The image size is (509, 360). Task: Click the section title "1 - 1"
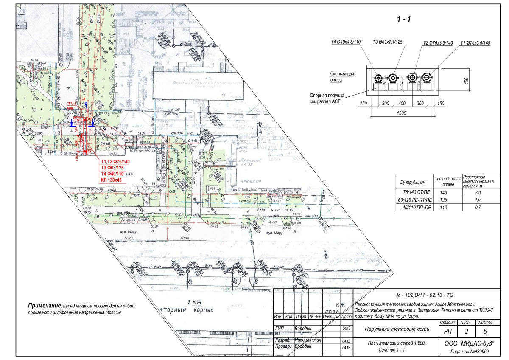(x=404, y=19)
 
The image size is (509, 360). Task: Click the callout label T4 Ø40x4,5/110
(x=346, y=42)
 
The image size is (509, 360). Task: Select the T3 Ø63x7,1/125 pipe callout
(x=387, y=42)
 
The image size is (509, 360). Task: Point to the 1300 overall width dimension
(x=402, y=113)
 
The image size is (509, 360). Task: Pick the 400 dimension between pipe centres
(x=402, y=104)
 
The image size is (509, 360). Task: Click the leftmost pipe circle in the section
(x=378, y=78)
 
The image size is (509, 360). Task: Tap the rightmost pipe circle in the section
(x=427, y=78)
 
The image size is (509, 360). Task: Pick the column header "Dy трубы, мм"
(x=413, y=183)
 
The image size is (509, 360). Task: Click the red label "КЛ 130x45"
(x=112, y=180)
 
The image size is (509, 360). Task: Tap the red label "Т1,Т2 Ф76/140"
(x=115, y=162)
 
